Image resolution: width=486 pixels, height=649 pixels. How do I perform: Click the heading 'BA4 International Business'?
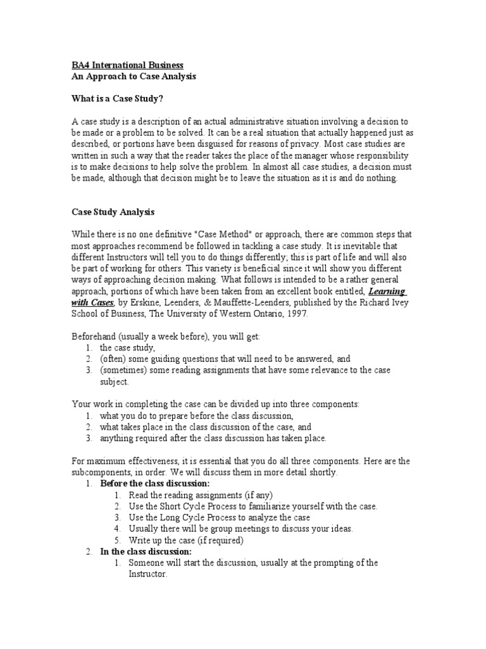(127, 65)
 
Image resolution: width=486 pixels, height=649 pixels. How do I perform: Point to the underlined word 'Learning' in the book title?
(387, 290)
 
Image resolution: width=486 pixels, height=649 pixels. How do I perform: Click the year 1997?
(297, 314)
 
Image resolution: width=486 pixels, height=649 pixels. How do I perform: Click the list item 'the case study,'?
(127, 348)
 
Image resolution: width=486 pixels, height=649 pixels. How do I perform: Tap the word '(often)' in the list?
(114, 359)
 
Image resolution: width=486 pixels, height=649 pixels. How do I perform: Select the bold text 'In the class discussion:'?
(146, 551)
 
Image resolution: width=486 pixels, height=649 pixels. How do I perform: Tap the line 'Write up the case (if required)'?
(186, 541)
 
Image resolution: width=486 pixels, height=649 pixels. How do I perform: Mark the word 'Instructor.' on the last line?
(148, 574)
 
